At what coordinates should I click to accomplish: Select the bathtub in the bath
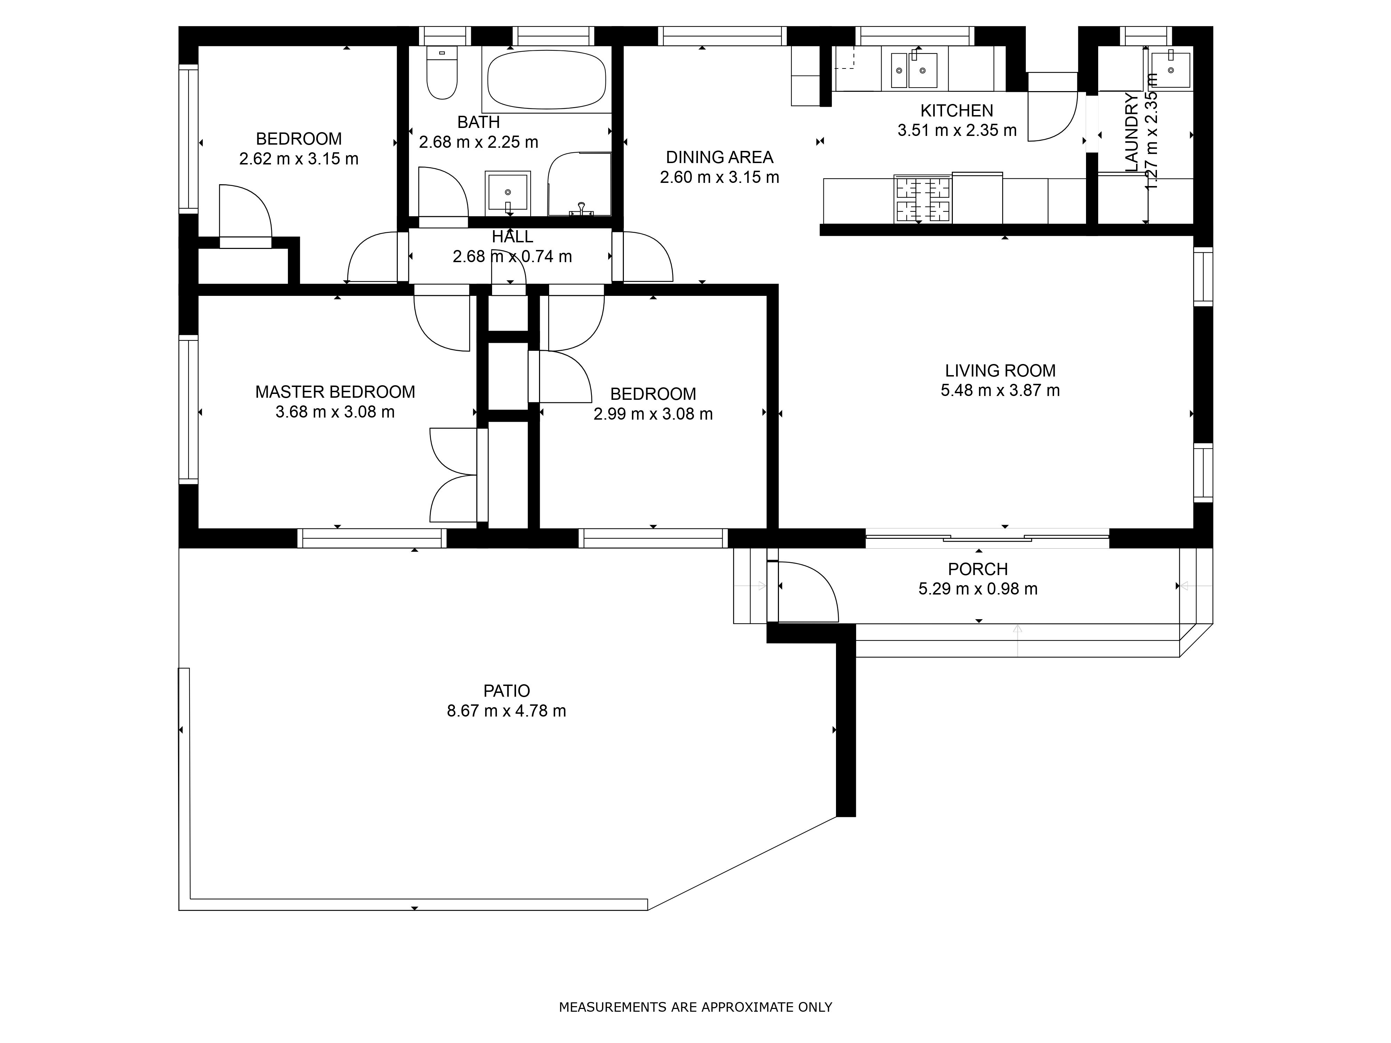(546, 79)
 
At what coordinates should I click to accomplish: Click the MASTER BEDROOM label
(335, 392)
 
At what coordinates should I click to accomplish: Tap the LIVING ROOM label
(1000, 371)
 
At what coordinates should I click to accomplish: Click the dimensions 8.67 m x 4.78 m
(506, 711)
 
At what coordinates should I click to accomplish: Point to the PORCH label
(978, 569)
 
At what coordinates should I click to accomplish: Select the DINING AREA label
(719, 157)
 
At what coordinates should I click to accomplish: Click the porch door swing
(808, 591)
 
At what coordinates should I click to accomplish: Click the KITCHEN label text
(956, 111)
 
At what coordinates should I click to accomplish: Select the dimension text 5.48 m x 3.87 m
(1000, 390)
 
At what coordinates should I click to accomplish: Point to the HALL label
(513, 237)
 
